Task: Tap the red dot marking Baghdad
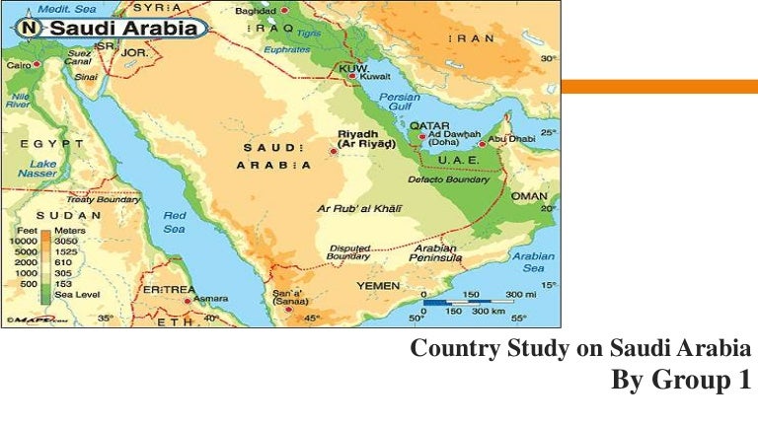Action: (x=286, y=11)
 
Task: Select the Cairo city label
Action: (x=18, y=64)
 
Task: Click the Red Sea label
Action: (x=174, y=222)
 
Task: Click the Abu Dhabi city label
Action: (x=512, y=139)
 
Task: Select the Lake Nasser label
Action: (x=38, y=168)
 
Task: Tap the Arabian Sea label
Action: (x=534, y=260)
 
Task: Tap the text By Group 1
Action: (x=680, y=380)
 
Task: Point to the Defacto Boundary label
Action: (x=449, y=179)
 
